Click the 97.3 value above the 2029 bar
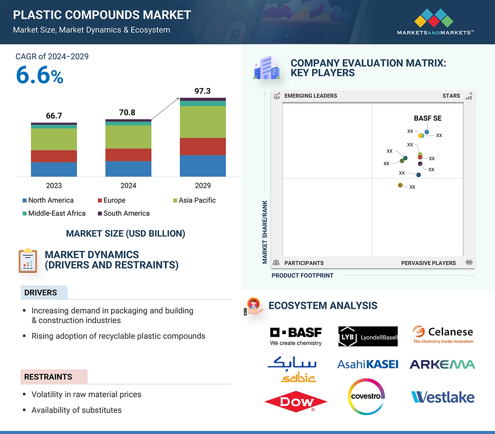tap(203, 91)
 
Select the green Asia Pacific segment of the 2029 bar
tap(203, 122)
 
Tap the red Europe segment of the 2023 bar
tap(54, 156)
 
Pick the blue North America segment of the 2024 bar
tap(128, 168)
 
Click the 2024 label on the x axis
tap(128, 185)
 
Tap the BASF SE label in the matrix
tap(428, 118)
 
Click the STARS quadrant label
tap(451, 96)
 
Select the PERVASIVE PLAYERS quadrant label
tap(428, 263)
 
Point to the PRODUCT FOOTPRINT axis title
tap(302, 275)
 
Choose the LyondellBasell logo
tap(368, 336)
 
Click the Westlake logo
tap(443, 397)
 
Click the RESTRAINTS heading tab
tap(48, 376)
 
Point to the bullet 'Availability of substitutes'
tap(77, 410)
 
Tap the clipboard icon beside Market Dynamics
tap(28, 260)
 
